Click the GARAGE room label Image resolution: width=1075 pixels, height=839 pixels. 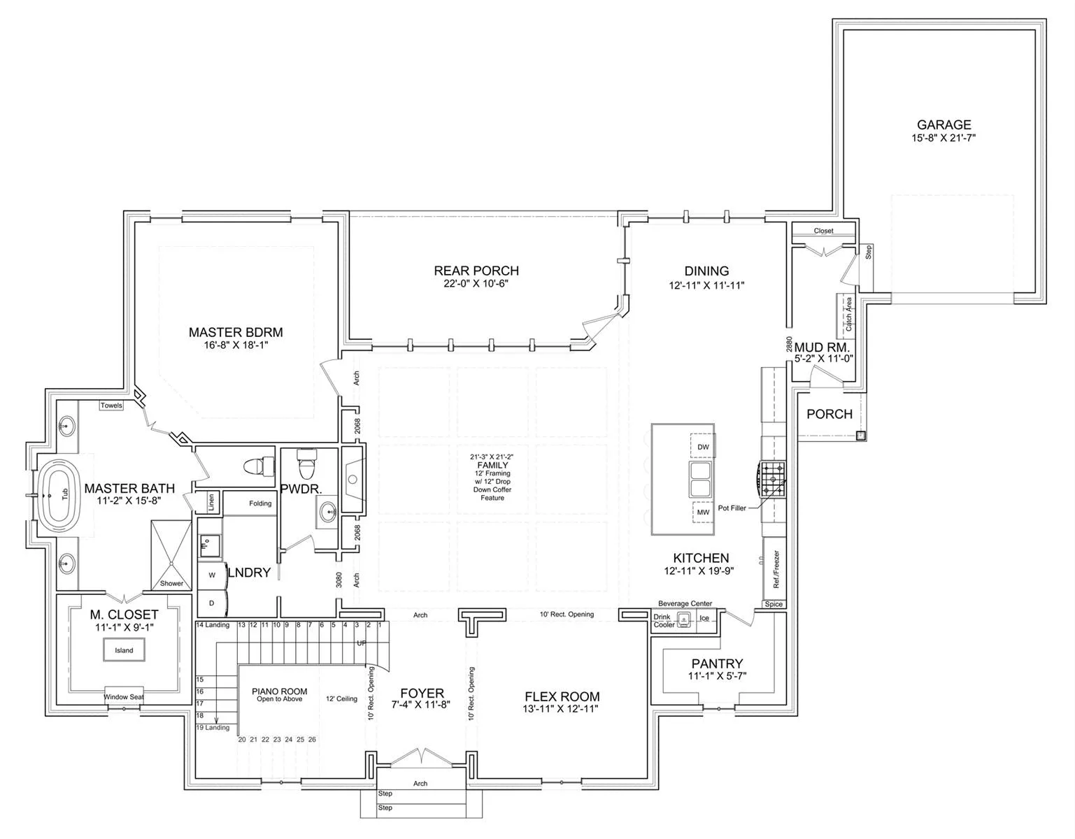click(x=944, y=124)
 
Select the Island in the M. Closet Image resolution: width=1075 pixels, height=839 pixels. click(x=124, y=650)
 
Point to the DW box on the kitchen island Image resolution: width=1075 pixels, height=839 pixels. click(x=702, y=447)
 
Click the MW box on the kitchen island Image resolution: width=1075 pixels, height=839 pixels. click(x=703, y=512)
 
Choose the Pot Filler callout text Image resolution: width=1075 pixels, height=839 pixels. click(x=732, y=508)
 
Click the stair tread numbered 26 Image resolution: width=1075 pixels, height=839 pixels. click(x=312, y=740)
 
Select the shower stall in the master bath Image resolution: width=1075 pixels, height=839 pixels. click(x=171, y=554)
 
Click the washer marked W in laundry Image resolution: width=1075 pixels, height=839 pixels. click(x=212, y=575)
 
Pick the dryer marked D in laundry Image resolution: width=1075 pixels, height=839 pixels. click(x=212, y=603)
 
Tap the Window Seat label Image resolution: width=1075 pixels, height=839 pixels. click(x=124, y=697)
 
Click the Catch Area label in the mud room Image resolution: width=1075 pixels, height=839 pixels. click(x=848, y=314)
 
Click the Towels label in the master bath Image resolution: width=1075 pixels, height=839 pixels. click(x=111, y=406)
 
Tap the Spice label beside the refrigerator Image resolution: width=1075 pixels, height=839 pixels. click(x=774, y=604)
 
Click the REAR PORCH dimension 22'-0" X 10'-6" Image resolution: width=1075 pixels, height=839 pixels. click(x=476, y=284)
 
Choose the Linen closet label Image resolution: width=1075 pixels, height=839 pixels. click(x=212, y=502)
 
